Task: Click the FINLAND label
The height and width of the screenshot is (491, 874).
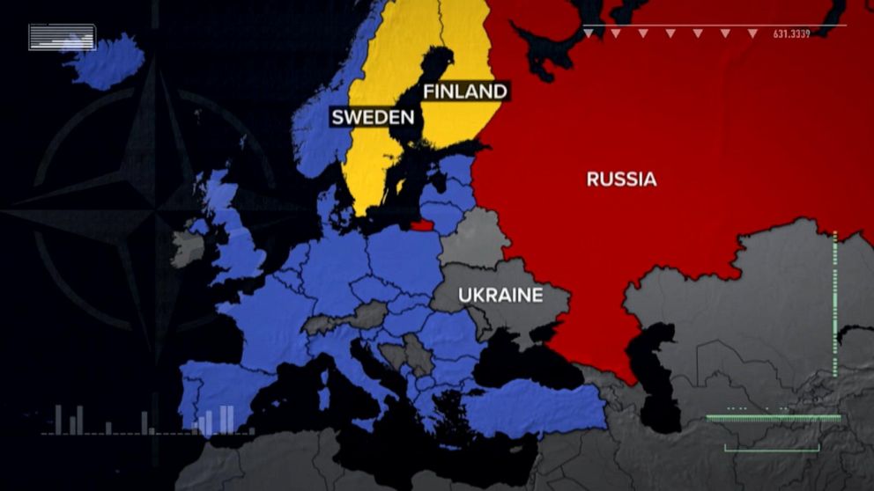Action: [x=465, y=92]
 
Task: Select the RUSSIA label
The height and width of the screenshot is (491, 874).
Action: [x=621, y=180]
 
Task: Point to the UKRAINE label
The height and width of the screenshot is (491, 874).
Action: [x=500, y=296]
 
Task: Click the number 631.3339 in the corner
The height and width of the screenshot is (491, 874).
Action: [x=791, y=33]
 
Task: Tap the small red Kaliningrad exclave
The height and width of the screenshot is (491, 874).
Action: [x=423, y=225]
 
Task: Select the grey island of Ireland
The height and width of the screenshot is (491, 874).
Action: [x=186, y=248]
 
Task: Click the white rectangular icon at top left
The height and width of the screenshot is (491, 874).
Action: [x=62, y=37]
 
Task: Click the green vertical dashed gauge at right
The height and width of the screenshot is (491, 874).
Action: [x=834, y=290]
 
